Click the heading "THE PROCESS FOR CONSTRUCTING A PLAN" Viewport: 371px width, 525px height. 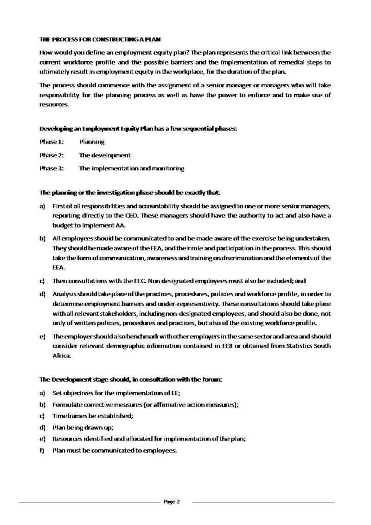pyautogui.click(x=100, y=40)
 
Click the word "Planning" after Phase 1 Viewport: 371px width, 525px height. pyautogui.click(x=92, y=142)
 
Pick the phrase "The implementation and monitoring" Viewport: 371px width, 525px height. pyautogui.click(x=131, y=169)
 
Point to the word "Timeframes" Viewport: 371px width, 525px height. pyautogui.click(x=69, y=416)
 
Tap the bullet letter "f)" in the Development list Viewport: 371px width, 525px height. pyautogui.click(x=42, y=450)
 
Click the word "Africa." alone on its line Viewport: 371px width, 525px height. pyautogui.click(x=62, y=356)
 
